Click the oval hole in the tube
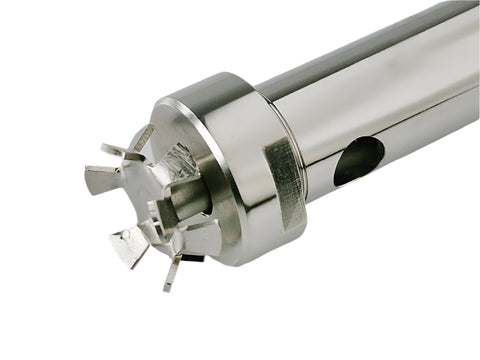tap(358, 160)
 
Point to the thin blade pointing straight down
tap(171, 272)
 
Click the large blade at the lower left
tap(131, 243)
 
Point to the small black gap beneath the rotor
tap(193, 258)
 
